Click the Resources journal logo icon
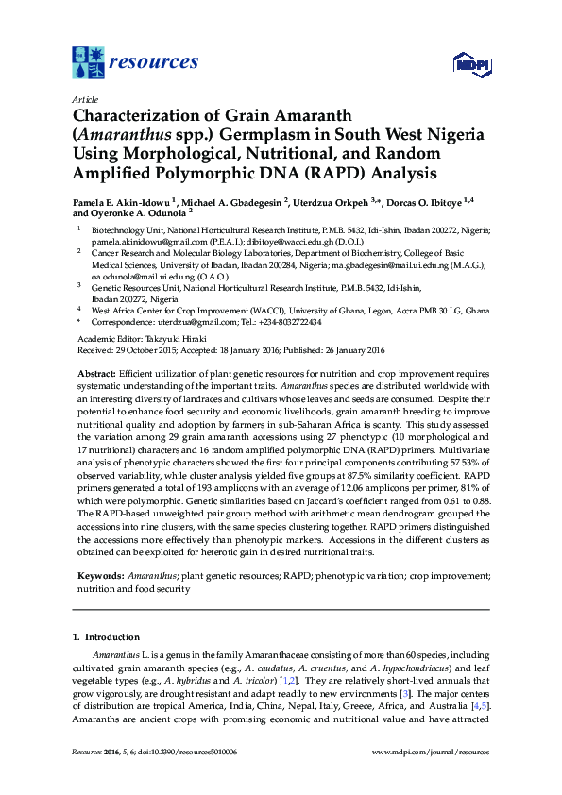pos(88,62)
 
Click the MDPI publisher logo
pos(470,65)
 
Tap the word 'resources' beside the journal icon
pos(154,62)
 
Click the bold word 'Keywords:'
pos(100,574)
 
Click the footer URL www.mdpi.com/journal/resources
pos(431,752)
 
